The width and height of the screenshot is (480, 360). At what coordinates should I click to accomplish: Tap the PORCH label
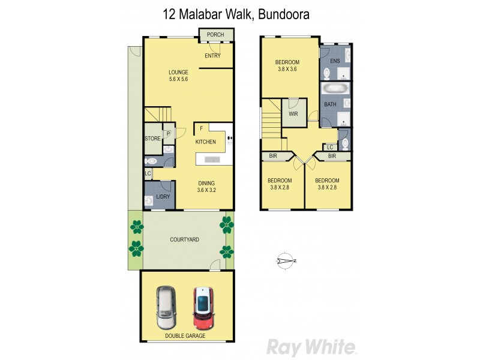215,35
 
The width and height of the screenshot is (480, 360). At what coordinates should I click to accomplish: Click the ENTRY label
212,56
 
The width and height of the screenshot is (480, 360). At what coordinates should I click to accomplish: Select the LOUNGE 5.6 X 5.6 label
179,76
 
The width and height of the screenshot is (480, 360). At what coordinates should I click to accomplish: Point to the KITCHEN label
205,142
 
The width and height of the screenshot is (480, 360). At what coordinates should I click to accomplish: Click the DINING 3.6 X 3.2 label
206,187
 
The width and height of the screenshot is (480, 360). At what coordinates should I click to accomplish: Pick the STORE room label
152,139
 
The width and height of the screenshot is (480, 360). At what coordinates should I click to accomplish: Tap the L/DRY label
163,197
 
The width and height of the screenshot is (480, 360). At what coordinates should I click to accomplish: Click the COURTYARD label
184,239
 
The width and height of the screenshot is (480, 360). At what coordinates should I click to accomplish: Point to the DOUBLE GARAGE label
185,336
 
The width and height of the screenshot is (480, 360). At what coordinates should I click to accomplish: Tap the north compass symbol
286,261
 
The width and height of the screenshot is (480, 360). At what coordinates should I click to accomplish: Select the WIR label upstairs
294,114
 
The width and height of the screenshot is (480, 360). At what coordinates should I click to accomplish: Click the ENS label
335,61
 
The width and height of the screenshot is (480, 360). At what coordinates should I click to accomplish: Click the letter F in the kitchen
201,128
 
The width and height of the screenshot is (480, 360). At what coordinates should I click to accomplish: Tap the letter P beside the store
168,134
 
